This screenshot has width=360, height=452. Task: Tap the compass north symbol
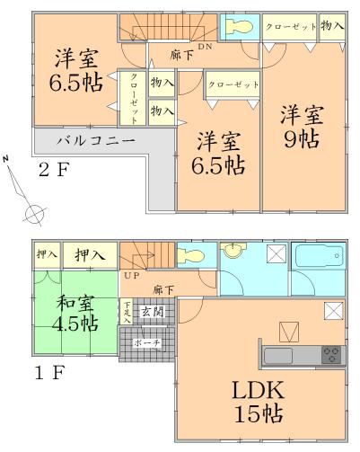click(35, 214)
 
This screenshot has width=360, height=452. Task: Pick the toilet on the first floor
click(193, 256)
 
